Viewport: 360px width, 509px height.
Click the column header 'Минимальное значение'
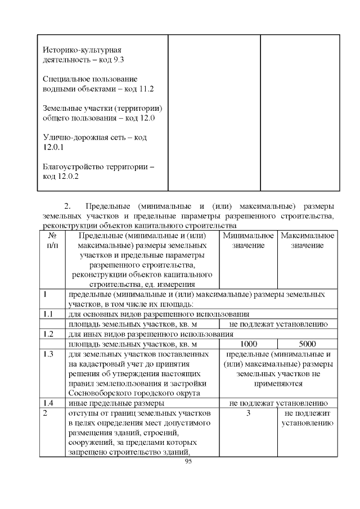pos(248,241)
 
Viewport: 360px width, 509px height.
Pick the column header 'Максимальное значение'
pos(307,241)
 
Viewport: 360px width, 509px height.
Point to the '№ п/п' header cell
pos(52,241)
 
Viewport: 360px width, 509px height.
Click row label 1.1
pos(48,314)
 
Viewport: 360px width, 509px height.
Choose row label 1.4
pos(48,403)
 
